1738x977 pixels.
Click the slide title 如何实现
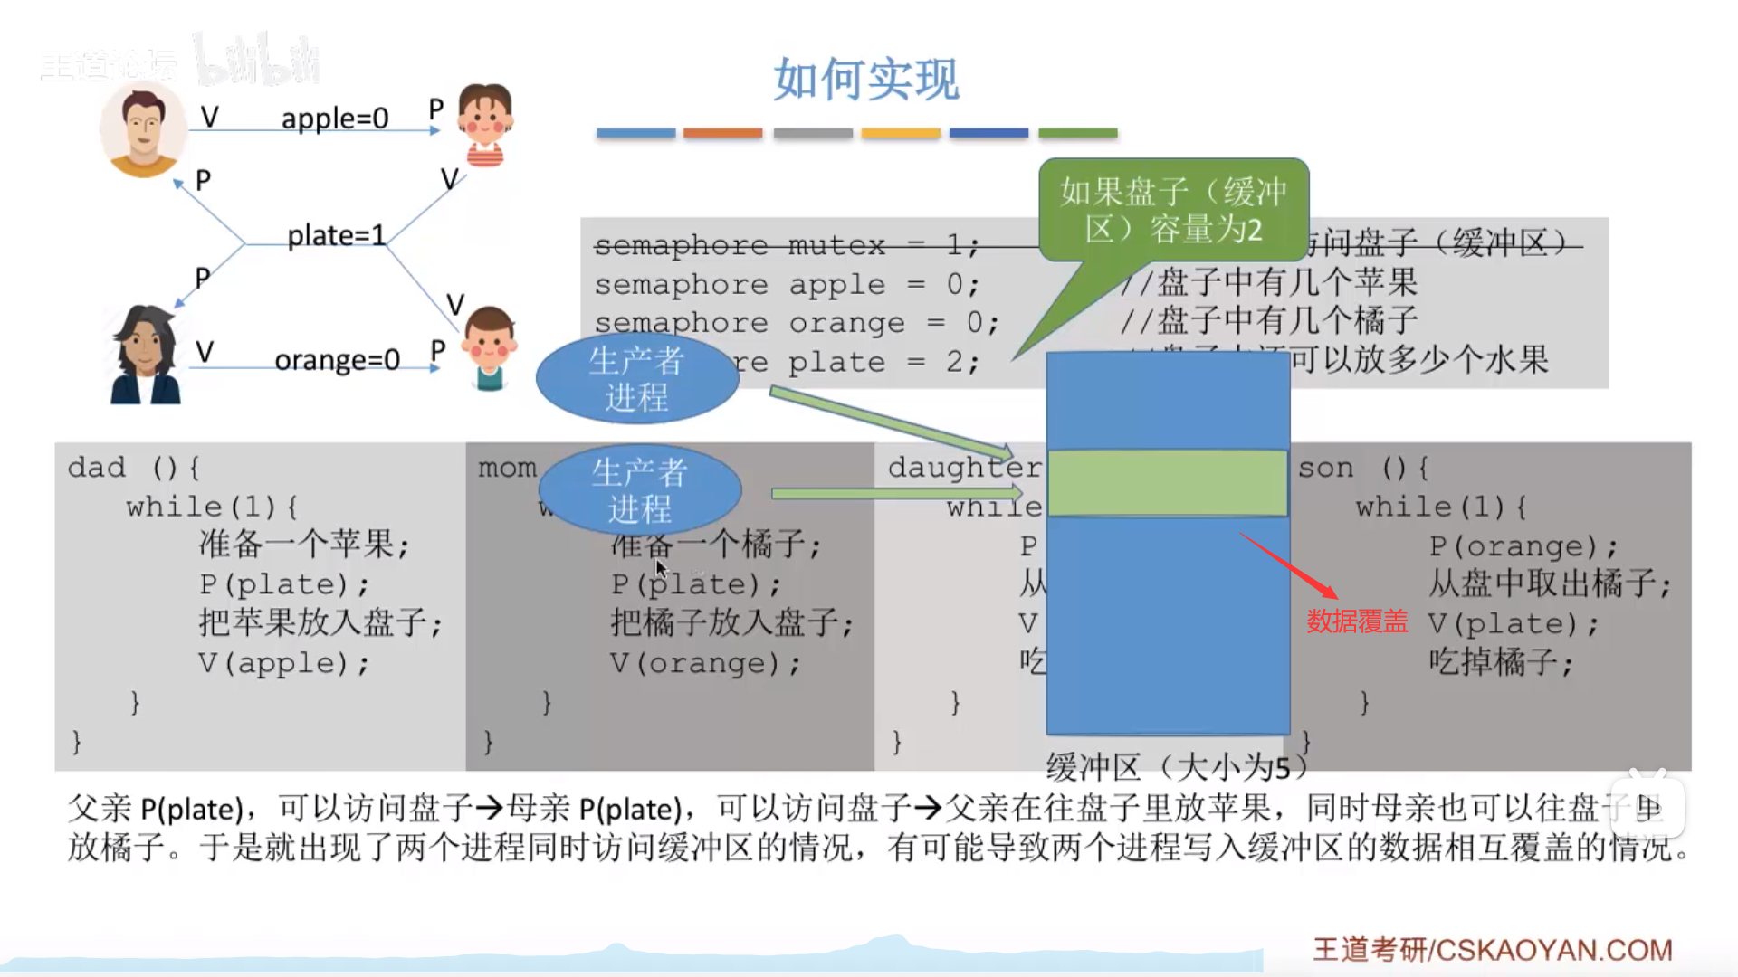[x=866, y=80]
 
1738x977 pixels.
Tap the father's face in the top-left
[x=143, y=128]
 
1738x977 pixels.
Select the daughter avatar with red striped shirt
[x=485, y=125]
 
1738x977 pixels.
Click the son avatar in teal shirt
[x=489, y=347]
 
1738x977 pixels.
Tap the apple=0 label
[x=334, y=119]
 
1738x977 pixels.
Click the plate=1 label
[x=336, y=236]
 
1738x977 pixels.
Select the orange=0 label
[x=337, y=360]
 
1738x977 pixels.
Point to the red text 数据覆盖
[x=1357, y=621]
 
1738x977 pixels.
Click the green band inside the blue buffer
[x=1168, y=483]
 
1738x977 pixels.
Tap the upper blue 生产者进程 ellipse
[x=637, y=379]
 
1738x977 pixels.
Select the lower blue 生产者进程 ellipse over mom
[x=640, y=490]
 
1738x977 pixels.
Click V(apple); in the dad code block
[x=284, y=663]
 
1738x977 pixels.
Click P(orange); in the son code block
[x=1523, y=546]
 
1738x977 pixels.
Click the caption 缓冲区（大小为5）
[x=1177, y=768]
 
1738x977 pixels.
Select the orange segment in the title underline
[x=722, y=133]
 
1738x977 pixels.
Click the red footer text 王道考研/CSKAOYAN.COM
[x=1492, y=950]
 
